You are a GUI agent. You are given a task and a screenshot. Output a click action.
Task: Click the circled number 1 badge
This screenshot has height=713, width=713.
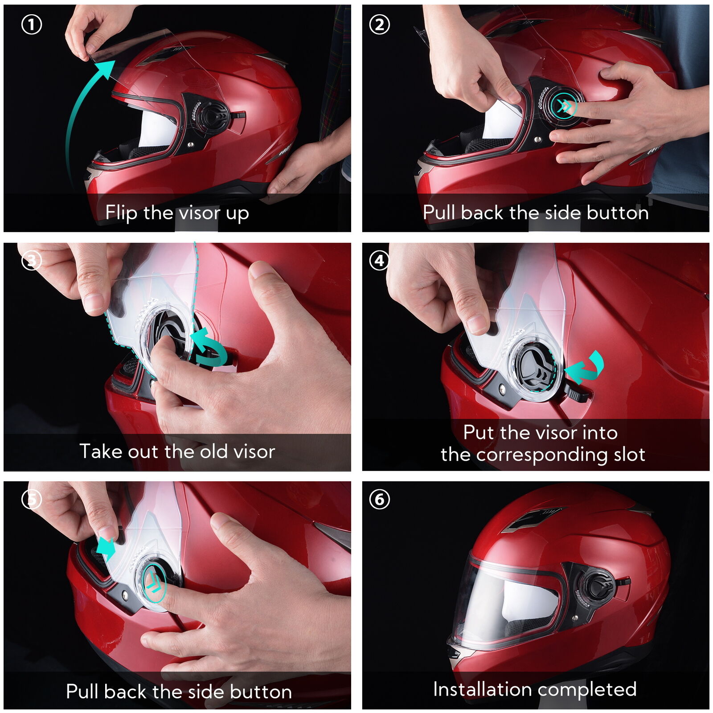pyautogui.click(x=32, y=25)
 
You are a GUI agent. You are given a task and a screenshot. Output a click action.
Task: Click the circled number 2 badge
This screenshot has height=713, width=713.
pyautogui.click(x=380, y=25)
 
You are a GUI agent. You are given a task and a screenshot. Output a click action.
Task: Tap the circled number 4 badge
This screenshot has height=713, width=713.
pyautogui.click(x=380, y=260)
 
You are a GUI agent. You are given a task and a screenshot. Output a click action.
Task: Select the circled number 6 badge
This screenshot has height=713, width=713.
pyautogui.click(x=380, y=499)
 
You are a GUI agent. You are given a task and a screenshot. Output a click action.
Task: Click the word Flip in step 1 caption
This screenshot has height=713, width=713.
pyautogui.click(x=121, y=213)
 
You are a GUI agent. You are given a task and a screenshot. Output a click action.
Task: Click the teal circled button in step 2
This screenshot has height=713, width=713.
pyautogui.click(x=564, y=107)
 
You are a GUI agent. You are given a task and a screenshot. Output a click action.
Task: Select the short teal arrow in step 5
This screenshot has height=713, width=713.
pyautogui.click(x=106, y=548)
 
